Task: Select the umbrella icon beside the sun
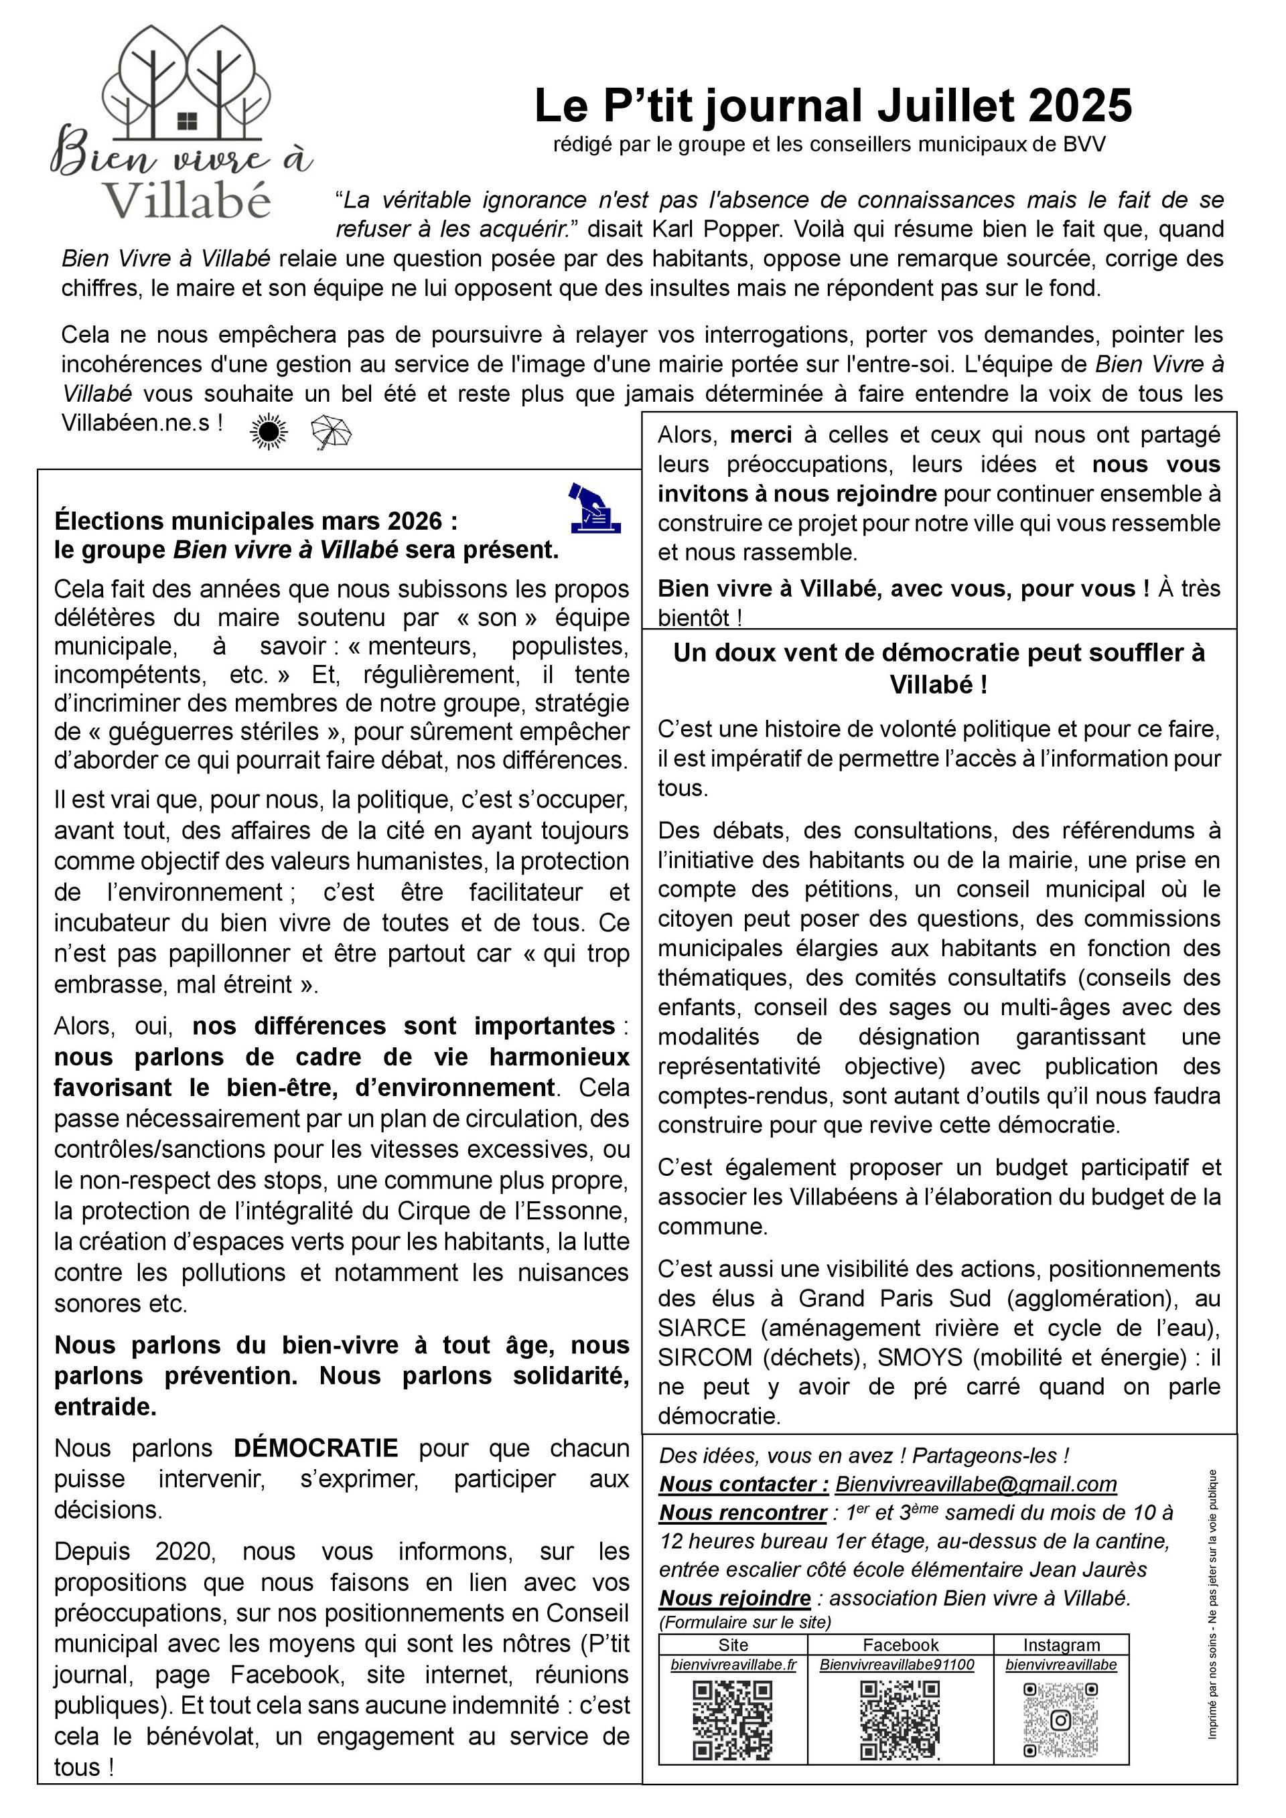[x=331, y=433]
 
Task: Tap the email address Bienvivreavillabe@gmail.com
[x=976, y=1484]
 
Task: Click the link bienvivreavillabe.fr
[x=733, y=1665]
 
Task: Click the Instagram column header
[x=1061, y=1645]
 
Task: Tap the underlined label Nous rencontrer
[x=742, y=1513]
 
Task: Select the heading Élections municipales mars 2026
[x=256, y=521]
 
